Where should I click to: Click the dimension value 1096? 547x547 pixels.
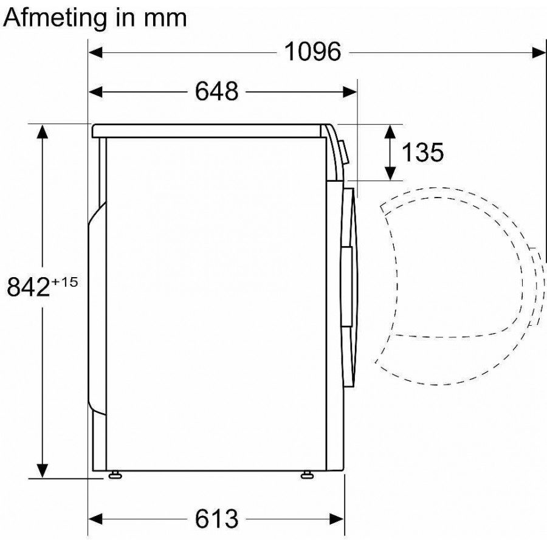point(313,53)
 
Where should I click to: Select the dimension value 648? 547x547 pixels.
point(216,92)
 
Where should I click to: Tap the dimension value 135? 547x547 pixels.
point(421,153)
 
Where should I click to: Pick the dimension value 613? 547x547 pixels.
point(216,519)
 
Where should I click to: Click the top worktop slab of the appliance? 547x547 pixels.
point(207,130)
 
